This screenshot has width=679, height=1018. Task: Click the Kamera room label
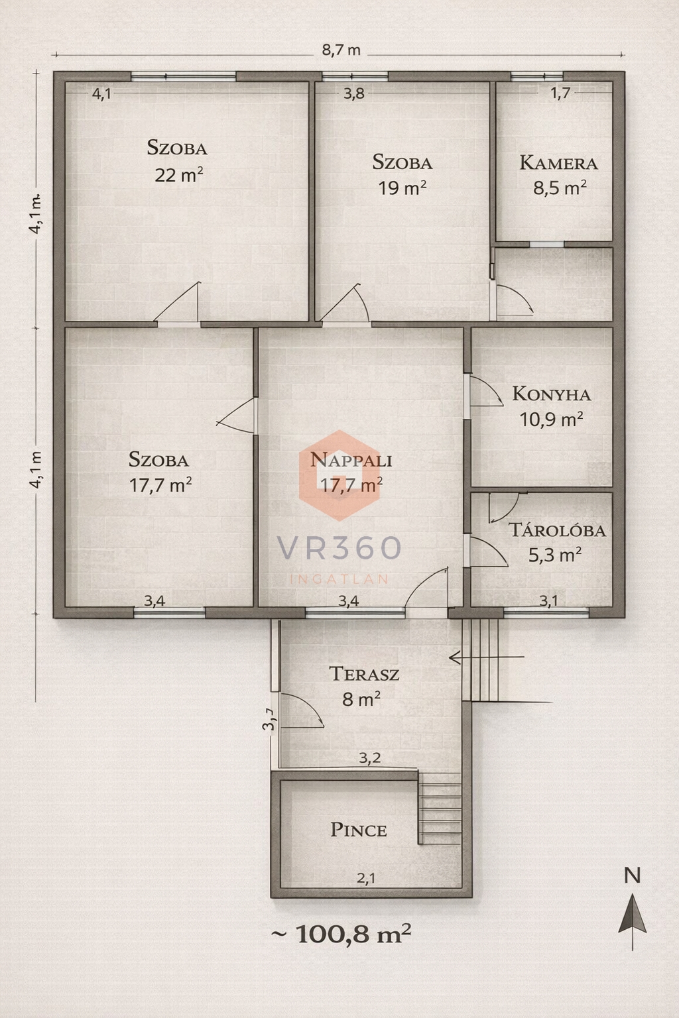click(558, 162)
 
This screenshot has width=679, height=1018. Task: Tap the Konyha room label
click(552, 394)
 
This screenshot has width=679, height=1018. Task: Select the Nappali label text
click(351, 460)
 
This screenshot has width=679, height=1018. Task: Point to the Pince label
click(358, 830)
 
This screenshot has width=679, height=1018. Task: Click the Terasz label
click(364, 673)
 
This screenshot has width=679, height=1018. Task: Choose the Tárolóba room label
click(557, 530)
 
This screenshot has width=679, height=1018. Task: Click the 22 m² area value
click(179, 174)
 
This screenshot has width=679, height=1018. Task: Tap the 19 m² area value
click(402, 188)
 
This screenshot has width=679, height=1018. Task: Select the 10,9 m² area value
click(551, 420)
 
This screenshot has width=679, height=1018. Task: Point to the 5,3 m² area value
click(555, 555)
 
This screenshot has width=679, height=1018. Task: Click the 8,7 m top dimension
click(341, 50)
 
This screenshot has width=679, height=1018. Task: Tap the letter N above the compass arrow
click(632, 876)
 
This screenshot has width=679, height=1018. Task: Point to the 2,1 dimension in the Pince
click(365, 878)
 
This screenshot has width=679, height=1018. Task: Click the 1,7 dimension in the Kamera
click(560, 93)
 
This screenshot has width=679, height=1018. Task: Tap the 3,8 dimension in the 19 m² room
click(353, 93)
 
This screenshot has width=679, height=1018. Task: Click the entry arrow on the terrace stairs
click(486, 657)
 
